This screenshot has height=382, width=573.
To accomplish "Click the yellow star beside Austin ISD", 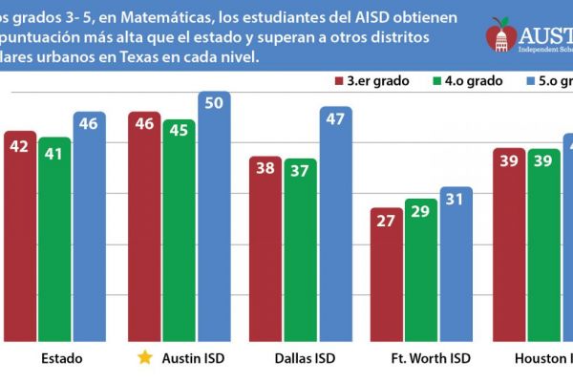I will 144,358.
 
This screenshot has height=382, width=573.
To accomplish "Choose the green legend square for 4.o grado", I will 438,81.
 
